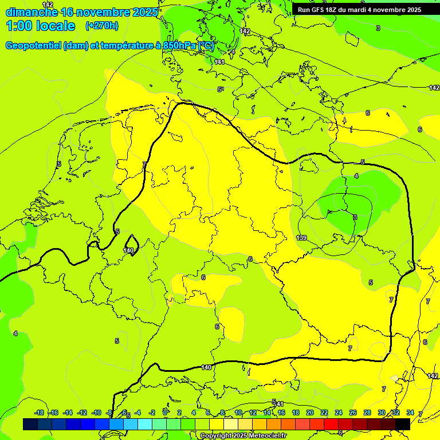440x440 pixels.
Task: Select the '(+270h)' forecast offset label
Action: pos(101,25)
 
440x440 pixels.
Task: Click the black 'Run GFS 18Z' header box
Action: pos(359,10)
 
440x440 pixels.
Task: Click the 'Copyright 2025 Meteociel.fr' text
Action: pos(243,436)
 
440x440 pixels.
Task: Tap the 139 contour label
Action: pos(301,238)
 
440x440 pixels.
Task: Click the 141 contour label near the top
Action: pos(219,62)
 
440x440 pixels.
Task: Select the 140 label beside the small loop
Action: pos(128,250)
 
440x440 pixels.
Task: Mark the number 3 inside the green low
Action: pos(355,217)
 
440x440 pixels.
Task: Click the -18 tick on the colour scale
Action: pos(39,412)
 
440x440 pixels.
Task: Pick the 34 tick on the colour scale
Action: pos(410,412)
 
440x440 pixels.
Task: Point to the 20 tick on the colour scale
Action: pos(309,412)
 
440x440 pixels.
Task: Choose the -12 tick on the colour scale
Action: pos(82,412)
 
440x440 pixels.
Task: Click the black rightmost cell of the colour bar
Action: pos(403,424)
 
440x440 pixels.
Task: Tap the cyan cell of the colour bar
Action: pos(145,424)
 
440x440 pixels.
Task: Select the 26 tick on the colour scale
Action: pos(352,412)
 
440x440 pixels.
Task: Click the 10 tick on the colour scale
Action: pos(238,412)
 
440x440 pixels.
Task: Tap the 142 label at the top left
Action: pos(48,5)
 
